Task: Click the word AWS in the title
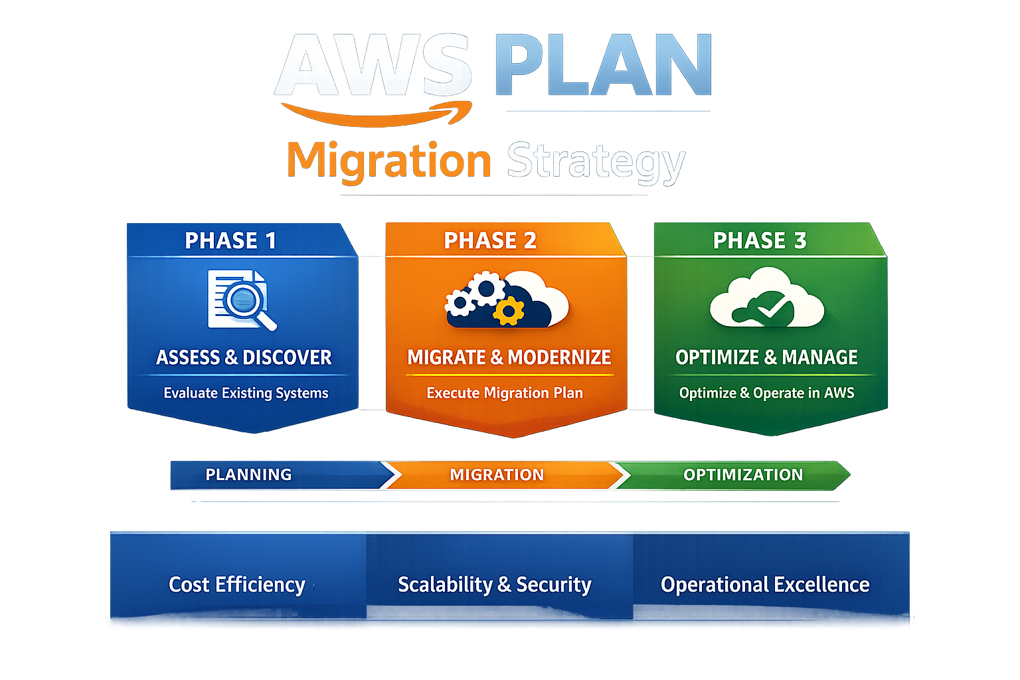coord(374,65)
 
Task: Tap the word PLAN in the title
coord(603,65)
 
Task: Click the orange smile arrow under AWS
coord(376,114)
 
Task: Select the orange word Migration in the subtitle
coord(388,161)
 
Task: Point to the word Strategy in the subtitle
coord(596,161)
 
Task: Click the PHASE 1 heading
coord(230,240)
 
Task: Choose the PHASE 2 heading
coord(490,240)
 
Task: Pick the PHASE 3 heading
coord(760,240)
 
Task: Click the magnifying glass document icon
coord(241,299)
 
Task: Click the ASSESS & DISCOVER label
coord(244,357)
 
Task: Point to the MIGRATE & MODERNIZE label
coord(509,357)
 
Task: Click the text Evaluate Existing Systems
coord(246,393)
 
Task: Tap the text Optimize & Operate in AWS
coord(766,393)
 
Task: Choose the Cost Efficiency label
coord(237,584)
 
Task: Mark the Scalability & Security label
coord(494,584)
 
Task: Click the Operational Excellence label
coord(765,584)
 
